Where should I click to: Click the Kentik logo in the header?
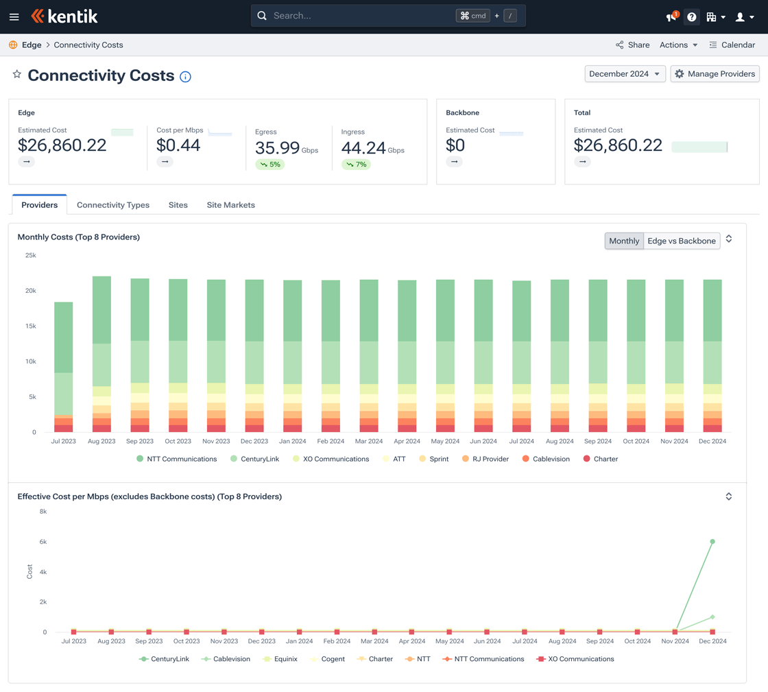tap(64, 16)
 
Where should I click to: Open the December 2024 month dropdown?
tap(625, 74)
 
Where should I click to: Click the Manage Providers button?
tap(715, 74)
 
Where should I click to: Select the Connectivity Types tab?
tap(113, 205)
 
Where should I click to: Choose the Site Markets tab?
tap(230, 205)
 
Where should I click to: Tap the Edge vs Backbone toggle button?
tap(682, 241)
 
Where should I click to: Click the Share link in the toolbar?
tap(632, 45)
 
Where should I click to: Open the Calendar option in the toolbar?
tap(732, 45)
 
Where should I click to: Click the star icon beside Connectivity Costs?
tap(17, 74)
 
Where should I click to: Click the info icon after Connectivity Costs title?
tap(185, 77)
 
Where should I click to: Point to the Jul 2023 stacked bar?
tap(64, 367)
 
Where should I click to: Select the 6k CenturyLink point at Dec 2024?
tap(712, 542)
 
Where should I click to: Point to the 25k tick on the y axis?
tap(31, 255)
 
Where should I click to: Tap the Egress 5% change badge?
tap(269, 165)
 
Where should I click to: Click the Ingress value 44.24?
tap(363, 148)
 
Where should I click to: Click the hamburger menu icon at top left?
tap(14, 16)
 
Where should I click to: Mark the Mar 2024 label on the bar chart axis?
tap(369, 441)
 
